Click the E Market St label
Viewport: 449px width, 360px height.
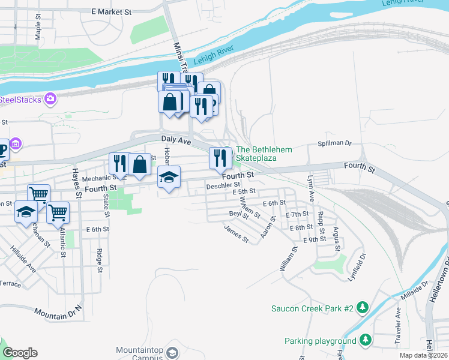[111, 11]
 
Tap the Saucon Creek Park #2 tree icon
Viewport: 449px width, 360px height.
[363, 308]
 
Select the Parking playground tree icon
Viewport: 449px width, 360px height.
[364, 341]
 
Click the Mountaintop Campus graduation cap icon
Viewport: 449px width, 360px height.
[172, 352]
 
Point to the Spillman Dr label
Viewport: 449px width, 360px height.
[334, 144]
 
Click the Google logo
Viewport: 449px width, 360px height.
[20, 353]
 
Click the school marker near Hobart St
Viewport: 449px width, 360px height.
[169, 177]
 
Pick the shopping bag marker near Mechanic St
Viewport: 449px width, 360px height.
[139, 164]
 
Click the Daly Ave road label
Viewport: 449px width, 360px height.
[176, 140]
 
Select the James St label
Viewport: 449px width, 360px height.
[236, 233]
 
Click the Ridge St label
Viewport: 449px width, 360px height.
[99, 261]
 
